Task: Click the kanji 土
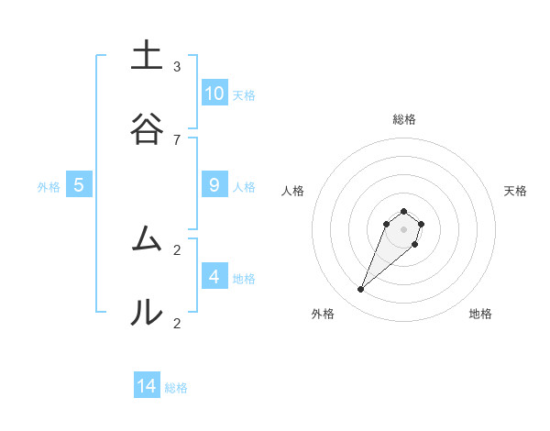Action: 146,56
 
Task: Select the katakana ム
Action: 146,239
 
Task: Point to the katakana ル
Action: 146,313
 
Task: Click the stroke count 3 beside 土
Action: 177,66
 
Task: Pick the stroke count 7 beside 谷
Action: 177,139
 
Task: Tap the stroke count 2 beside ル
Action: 177,323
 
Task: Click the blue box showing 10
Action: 214,93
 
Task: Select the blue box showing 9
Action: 214,184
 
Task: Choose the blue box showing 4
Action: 214,276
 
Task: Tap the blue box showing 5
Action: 79,184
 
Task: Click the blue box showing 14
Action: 147,386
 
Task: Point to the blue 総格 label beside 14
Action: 176,388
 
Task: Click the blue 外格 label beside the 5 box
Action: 49,187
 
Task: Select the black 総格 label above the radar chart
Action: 403,119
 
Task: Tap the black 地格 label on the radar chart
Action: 480,314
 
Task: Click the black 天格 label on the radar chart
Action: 515,191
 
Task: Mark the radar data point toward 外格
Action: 361,290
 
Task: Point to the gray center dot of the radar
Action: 403,229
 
